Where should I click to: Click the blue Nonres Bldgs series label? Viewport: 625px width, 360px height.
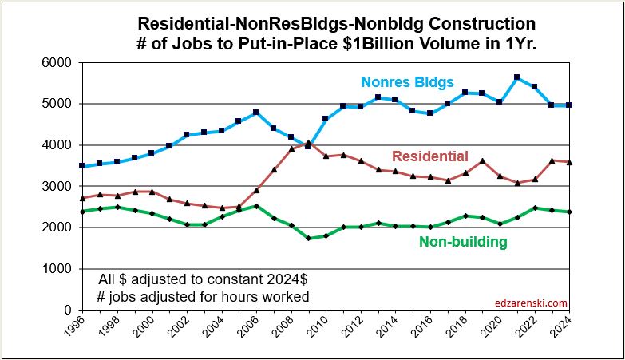click(x=408, y=81)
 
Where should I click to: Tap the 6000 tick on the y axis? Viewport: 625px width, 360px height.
click(x=57, y=62)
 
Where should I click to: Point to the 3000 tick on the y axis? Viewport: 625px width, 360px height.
click(x=57, y=186)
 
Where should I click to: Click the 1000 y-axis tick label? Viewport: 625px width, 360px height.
click(x=57, y=268)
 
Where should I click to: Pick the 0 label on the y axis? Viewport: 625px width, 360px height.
click(x=68, y=310)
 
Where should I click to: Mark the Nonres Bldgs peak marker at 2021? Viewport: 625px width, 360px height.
click(x=518, y=77)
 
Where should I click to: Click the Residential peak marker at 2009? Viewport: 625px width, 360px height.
click(x=309, y=143)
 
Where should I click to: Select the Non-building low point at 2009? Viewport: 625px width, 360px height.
click(x=309, y=238)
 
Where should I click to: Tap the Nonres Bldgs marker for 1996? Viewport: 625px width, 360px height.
click(x=81, y=166)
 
